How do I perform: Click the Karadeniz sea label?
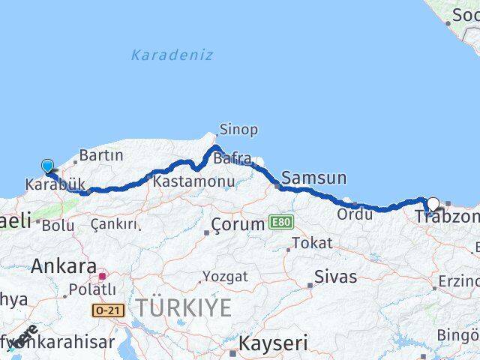click(x=172, y=55)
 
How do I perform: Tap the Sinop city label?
click(x=240, y=130)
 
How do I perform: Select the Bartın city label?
click(x=100, y=155)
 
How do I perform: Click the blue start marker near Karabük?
click(x=47, y=166)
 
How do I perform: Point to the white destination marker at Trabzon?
click(x=433, y=204)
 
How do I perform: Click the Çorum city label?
click(x=238, y=223)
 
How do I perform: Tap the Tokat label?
click(x=312, y=243)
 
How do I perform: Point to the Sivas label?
click(x=335, y=276)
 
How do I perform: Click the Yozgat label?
click(x=225, y=277)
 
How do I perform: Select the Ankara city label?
click(x=64, y=265)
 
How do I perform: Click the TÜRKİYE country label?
click(x=184, y=307)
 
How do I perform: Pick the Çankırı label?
click(x=114, y=223)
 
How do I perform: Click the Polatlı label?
click(x=91, y=289)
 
